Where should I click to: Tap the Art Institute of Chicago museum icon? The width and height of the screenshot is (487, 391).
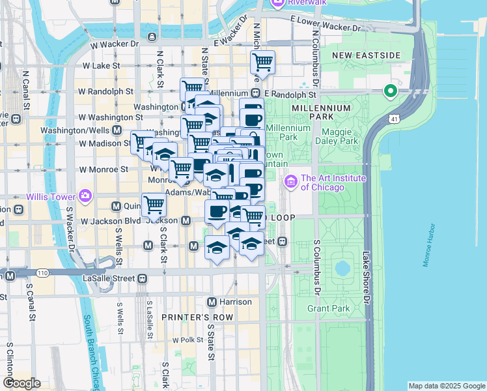(291, 181)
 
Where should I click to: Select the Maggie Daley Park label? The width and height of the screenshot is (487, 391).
(337, 135)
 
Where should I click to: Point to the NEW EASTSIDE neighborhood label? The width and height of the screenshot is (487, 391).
(366, 55)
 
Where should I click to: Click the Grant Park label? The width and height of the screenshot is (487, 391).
(328, 308)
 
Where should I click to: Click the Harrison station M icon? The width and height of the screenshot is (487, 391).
(212, 302)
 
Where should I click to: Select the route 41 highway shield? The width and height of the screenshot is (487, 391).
(395, 119)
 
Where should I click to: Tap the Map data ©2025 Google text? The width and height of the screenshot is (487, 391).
(447, 386)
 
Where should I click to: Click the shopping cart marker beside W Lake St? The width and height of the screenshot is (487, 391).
(262, 63)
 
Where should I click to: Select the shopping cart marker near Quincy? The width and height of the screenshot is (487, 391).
(154, 205)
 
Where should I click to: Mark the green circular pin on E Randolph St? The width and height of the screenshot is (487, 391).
(391, 91)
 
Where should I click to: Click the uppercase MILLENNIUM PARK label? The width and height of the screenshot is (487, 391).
(317, 111)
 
